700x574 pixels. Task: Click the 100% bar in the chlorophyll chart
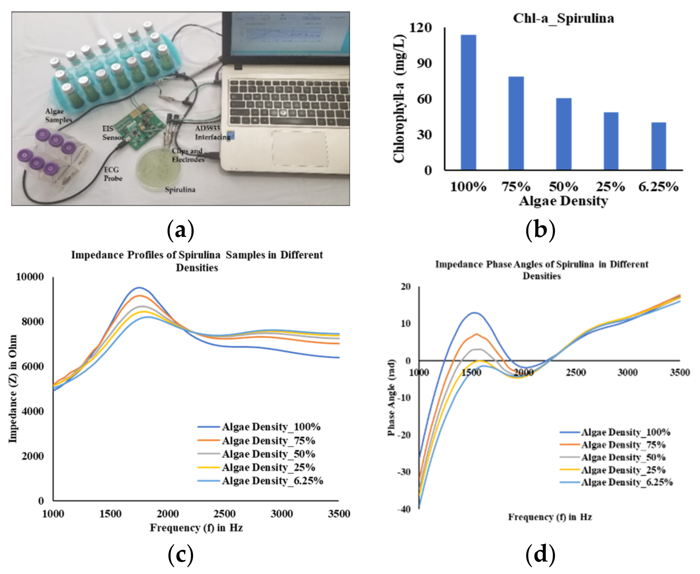point(468,102)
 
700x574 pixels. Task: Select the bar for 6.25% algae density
point(658,146)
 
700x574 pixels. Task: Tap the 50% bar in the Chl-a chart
point(563,134)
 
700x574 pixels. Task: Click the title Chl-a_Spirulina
point(563,18)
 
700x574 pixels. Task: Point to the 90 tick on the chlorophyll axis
point(424,63)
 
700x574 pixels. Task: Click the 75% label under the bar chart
point(516,187)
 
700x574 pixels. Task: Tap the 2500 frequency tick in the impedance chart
point(224,514)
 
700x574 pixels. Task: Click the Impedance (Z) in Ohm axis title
point(12,389)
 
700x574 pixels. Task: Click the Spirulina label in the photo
point(180,190)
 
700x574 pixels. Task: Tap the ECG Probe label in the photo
point(113,174)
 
